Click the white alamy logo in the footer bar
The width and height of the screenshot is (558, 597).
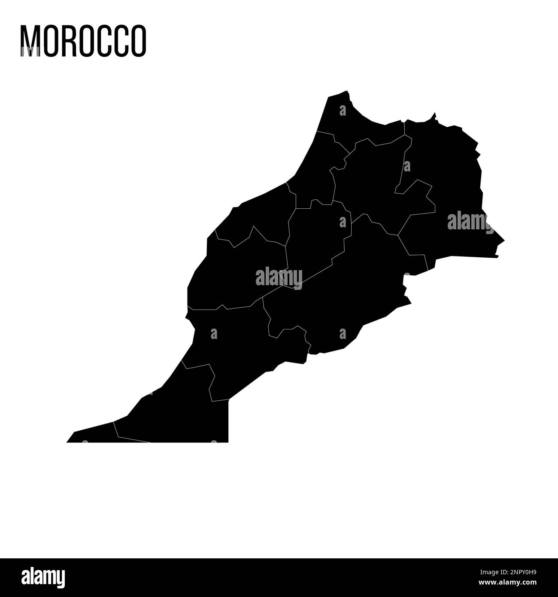pyautogui.click(x=43, y=578)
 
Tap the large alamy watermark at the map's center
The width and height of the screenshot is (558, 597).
pyautogui.click(x=279, y=277)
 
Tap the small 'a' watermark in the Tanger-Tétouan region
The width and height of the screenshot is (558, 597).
pyautogui.click(x=343, y=111)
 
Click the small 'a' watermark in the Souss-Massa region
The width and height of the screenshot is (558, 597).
pyautogui.click(x=214, y=333)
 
